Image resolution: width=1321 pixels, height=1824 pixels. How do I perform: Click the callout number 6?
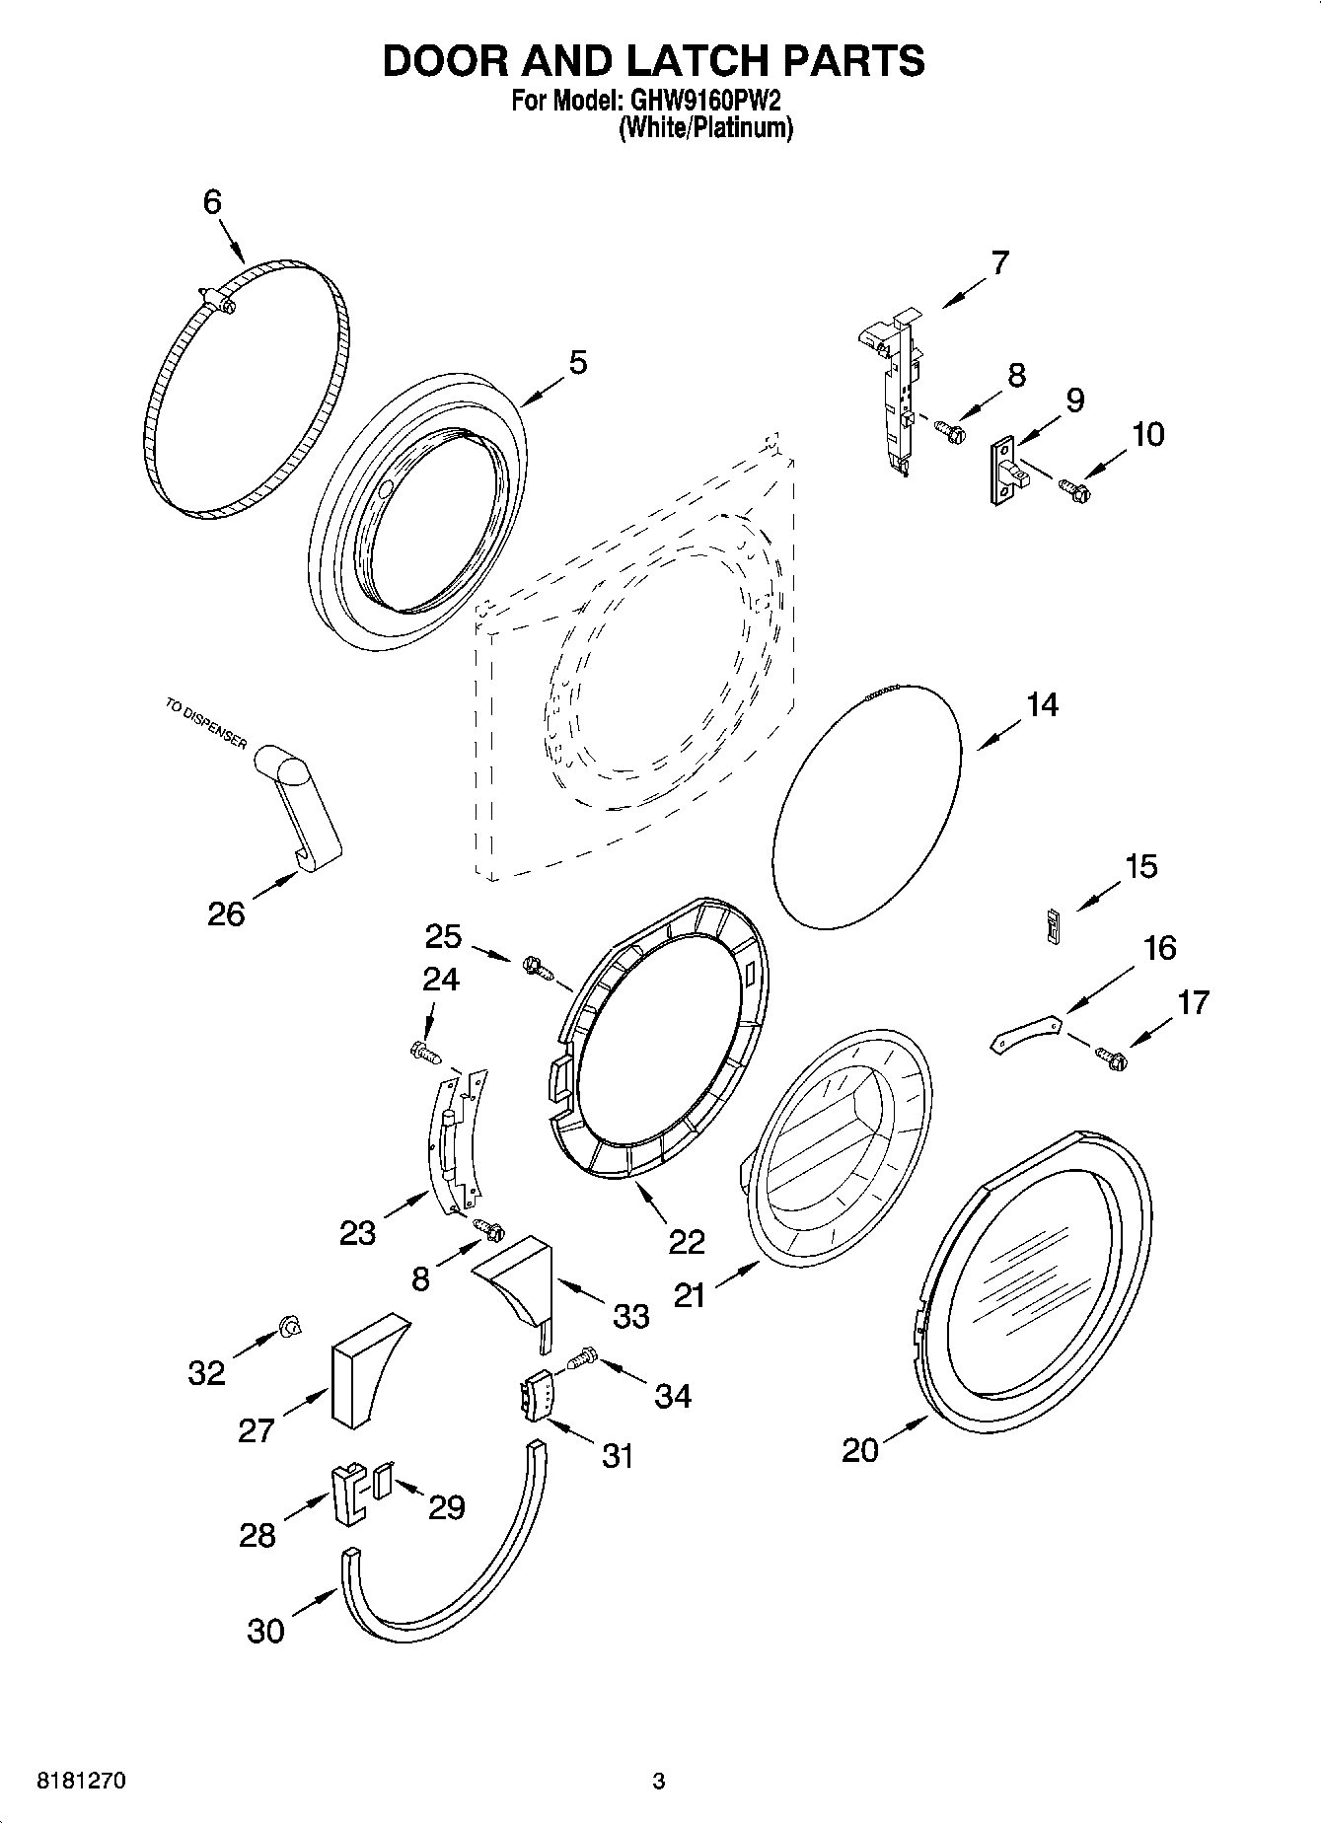212,202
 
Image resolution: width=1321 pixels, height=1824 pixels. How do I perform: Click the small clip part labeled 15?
1053,925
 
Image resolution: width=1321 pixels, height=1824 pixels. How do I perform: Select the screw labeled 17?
1111,1058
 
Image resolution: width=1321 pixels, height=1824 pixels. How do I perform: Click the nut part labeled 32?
290,1327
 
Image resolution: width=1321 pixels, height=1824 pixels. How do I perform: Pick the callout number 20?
859,1449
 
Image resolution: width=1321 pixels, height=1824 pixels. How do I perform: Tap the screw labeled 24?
424,1053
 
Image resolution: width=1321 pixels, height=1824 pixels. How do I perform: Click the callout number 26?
226,913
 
